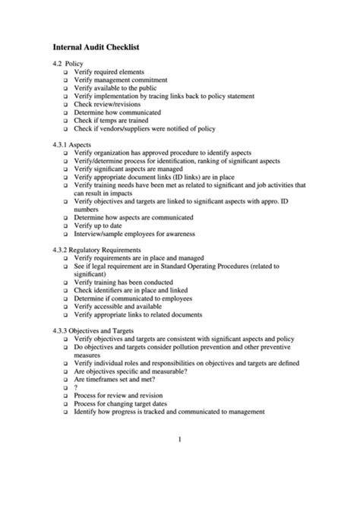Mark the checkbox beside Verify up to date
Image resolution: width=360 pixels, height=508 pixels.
tap(65, 226)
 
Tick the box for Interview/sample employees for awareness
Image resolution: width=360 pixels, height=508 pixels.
tap(65, 235)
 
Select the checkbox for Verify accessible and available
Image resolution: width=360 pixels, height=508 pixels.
tap(65, 306)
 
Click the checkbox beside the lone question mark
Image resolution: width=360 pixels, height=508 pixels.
tap(65, 387)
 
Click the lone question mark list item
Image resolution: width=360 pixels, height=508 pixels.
tap(76, 387)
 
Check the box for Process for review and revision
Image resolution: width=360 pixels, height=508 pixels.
tap(65, 395)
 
